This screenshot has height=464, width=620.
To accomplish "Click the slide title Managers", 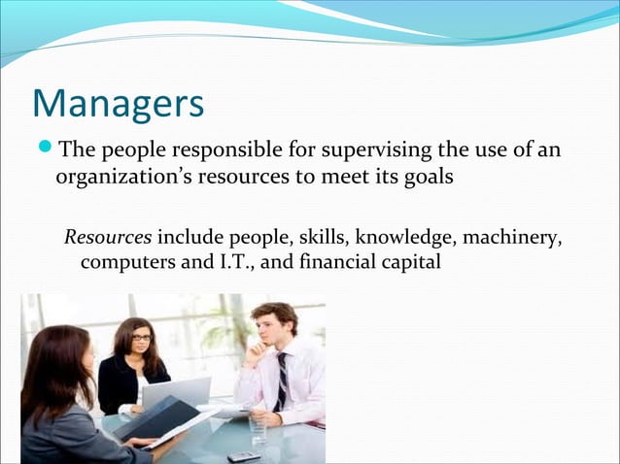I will coord(118,104).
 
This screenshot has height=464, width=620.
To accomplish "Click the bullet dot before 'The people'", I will coord(46,150).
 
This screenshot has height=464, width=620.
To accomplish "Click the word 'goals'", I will coord(427,180).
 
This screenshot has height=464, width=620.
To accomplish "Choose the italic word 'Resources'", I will coord(107,237).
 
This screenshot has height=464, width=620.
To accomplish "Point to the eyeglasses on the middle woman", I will coord(141,337).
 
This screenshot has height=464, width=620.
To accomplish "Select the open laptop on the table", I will coord(179,391).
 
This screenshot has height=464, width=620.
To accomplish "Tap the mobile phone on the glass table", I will coord(243,455).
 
